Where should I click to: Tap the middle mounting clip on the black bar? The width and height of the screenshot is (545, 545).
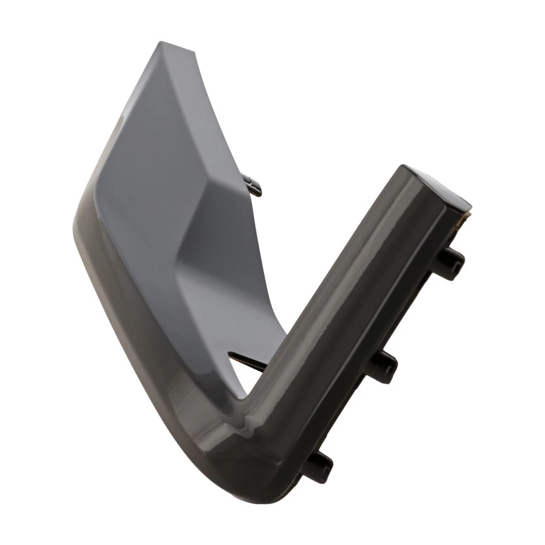[381, 366]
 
